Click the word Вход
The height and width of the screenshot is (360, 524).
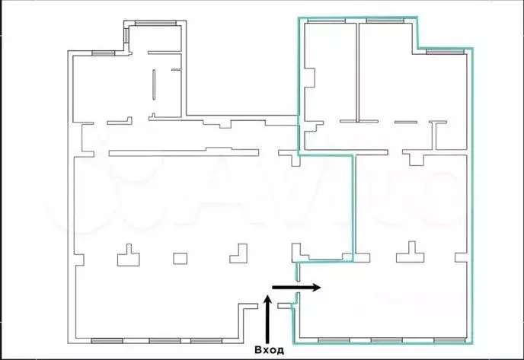coord(270,349)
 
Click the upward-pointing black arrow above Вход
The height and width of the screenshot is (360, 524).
coord(267,319)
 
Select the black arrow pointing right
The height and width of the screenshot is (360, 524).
coord(296,287)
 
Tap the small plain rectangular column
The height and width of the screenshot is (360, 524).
coord(180,259)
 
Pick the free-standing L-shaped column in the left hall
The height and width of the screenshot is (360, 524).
coord(239,255)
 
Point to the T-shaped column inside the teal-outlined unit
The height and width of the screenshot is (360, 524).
coord(411,253)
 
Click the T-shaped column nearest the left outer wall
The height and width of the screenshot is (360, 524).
coord(129,256)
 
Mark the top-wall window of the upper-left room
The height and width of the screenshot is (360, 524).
coord(155,23)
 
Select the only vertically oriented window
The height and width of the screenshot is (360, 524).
coord(126,36)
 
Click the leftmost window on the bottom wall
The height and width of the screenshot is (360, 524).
coord(107,341)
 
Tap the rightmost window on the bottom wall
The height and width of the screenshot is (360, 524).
coord(449,340)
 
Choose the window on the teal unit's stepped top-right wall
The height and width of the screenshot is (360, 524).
coord(445,52)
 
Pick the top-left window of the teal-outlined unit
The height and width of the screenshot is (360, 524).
coord(326,21)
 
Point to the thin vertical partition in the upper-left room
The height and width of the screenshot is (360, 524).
coord(154,84)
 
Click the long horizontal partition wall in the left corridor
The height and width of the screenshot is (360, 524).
coord(184,152)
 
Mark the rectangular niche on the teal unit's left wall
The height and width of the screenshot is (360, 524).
coord(310,78)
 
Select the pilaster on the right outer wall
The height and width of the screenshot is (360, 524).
coord(461,257)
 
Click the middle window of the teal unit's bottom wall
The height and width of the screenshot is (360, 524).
coord(387,340)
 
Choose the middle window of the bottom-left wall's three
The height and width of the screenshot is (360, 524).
coord(165,341)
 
